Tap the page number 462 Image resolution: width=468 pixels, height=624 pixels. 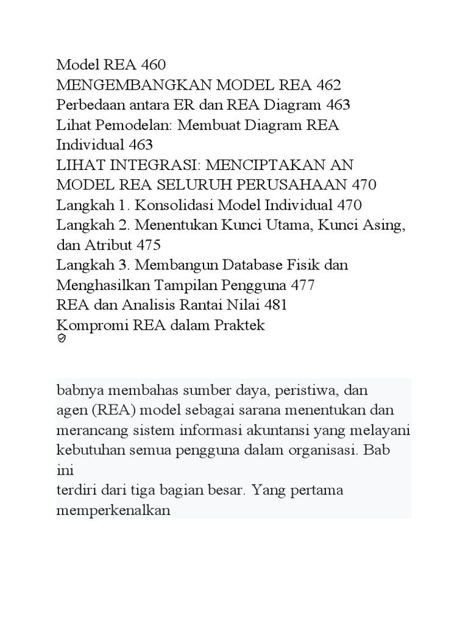[325, 84]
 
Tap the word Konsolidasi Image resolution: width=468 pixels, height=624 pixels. [177, 205]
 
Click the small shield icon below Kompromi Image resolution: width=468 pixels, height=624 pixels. [61, 339]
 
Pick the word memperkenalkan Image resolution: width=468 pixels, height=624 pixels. [113, 510]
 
